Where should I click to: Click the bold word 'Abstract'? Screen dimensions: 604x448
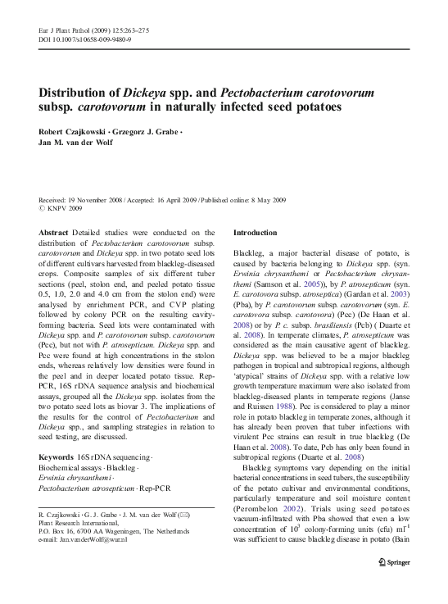54,233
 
